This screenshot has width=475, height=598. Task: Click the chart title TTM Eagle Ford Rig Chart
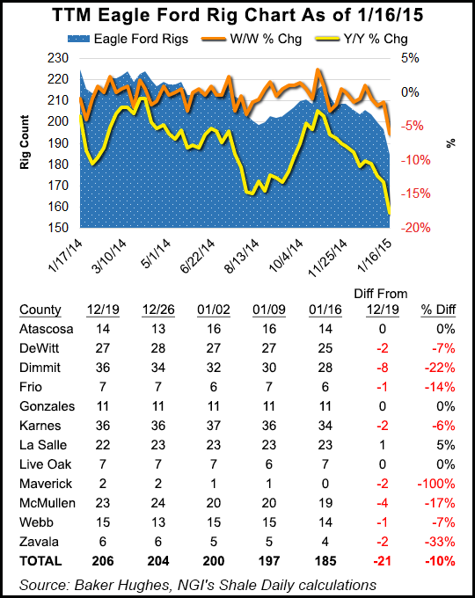tap(237, 18)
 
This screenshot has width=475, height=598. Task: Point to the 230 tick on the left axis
tap(60, 58)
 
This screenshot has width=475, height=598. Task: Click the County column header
tap(40, 309)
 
